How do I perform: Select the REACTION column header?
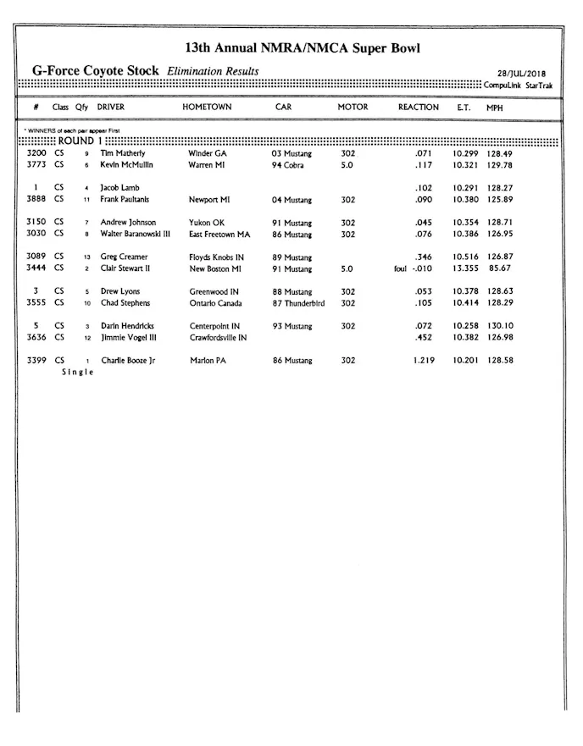pos(419,108)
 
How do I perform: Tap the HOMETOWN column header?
pos(207,108)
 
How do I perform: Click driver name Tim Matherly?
pos(123,154)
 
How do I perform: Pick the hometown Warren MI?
pos(207,165)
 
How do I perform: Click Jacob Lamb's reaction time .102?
pos(424,188)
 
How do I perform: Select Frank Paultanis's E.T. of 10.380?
pos(464,200)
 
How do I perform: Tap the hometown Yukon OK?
pos(206,223)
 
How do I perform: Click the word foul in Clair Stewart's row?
pos(400,268)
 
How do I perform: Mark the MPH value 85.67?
pos(498,268)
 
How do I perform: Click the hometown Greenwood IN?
pos(214,291)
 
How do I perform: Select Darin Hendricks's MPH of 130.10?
pos(499,326)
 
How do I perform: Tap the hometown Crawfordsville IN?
pos(219,337)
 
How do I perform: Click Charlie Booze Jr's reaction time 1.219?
pos(423,361)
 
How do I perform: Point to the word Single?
pos(77,373)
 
